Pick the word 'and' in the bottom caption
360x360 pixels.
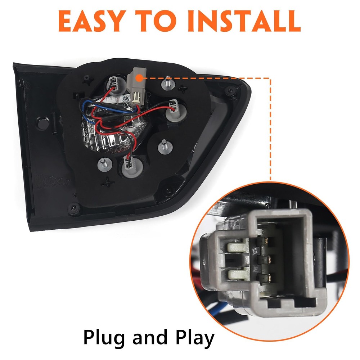click(150, 337)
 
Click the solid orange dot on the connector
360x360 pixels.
click(139, 78)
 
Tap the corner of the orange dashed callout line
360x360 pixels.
click(270, 78)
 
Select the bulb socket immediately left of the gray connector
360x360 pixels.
click(114, 85)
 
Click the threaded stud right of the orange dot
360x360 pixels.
click(168, 83)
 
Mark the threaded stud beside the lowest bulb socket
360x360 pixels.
click(104, 164)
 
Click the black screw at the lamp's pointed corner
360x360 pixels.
click(230, 90)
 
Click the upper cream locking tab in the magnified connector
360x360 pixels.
click(238, 247)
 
